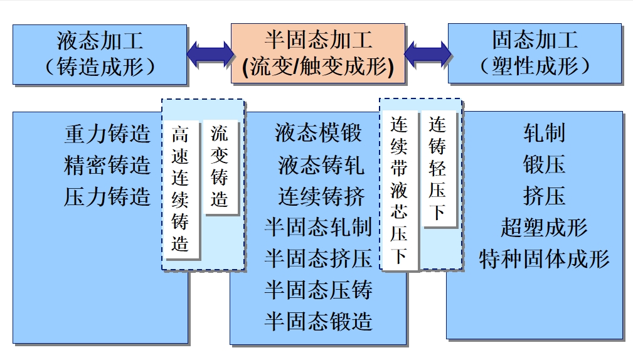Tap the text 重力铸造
(x=107, y=134)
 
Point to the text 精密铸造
(x=107, y=166)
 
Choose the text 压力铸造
(x=107, y=196)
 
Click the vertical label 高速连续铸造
(x=181, y=189)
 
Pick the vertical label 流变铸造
(x=220, y=166)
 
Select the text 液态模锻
(x=318, y=134)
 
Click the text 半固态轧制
(x=318, y=227)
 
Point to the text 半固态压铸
(x=318, y=290)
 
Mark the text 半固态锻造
(x=318, y=321)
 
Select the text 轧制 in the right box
(x=544, y=134)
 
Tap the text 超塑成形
(x=544, y=227)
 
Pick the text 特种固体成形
(x=544, y=258)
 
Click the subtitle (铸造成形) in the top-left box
(x=100, y=67)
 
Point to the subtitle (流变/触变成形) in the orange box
(x=318, y=67)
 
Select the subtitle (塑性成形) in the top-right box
(x=535, y=66)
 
